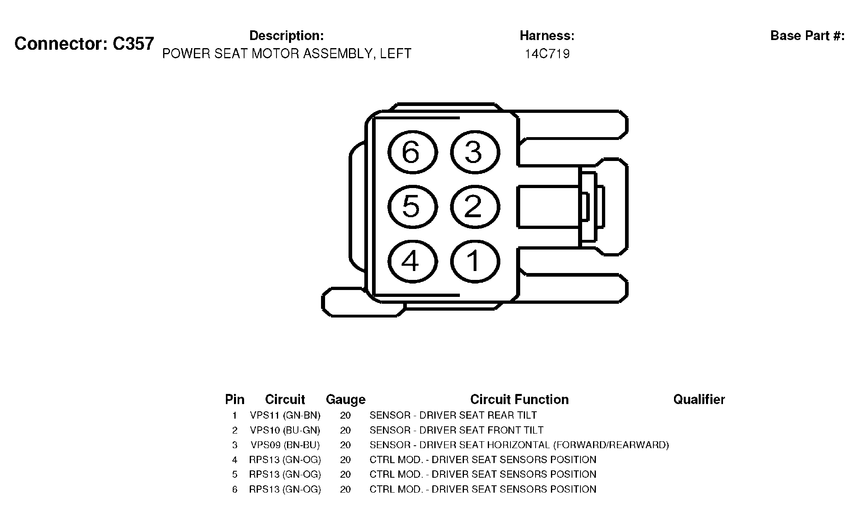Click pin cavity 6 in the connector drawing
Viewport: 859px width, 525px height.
click(x=412, y=152)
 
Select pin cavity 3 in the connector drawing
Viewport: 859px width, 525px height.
click(x=474, y=152)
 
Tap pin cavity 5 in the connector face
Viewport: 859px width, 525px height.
click(x=412, y=207)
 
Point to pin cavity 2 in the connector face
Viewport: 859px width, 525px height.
click(x=474, y=207)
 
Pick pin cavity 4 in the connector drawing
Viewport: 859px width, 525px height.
click(x=412, y=261)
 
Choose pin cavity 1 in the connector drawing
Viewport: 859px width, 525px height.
click(x=474, y=261)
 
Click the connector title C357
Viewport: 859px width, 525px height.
click(x=84, y=44)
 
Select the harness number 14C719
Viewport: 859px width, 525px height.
click(x=547, y=54)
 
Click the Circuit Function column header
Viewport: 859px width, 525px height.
click(x=519, y=400)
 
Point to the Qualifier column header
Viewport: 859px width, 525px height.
click(x=699, y=400)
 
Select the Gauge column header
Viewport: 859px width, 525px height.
click(x=346, y=400)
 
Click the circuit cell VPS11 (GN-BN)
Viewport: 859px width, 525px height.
click(x=285, y=415)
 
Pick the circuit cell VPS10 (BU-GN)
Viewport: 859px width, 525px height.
click(x=285, y=430)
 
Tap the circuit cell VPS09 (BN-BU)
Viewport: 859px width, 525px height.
click(x=285, y=445)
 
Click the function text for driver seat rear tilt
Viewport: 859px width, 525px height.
click(x=453, y=415)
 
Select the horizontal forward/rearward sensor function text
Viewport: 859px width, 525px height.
click(x=519, y=445)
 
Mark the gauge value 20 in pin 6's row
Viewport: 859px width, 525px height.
click(x=345, y=489)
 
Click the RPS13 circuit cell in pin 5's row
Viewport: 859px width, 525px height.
click(x=285, y=474)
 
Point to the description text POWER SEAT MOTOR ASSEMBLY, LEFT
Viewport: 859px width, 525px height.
click(x=287, y=54)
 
